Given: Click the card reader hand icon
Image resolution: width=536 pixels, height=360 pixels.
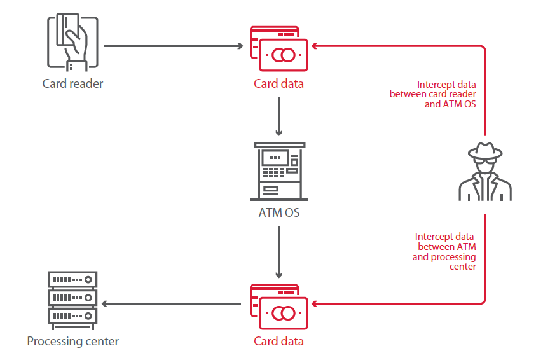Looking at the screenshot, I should pyautogui.click(x=72, y=41).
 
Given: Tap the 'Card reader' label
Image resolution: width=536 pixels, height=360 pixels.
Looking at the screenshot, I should pyautogui.click(x=72, y=83).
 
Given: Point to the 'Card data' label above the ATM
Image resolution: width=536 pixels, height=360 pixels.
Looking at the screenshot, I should pyautogui.click(x=278, y=83).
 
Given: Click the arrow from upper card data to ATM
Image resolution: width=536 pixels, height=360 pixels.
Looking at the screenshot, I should pyautogui.click(x=278, y=117).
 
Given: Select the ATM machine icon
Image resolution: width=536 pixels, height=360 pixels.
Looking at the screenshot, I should pyautogui.click(x=279, y=171).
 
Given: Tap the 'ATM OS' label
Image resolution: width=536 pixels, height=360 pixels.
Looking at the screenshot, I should pyautogui.click(x=279, y=212).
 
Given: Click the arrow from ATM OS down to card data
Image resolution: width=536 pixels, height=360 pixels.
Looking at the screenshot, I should pyautogui.click(x=279, y=252).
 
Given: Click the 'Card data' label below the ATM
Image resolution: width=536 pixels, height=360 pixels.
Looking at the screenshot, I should pyautogui.click(x=278, y=342).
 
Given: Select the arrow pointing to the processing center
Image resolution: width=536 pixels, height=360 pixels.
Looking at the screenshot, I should pyautogui.click(x=172, y=304).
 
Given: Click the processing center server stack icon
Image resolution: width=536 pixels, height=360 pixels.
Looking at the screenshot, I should pyautogui.click(x=72, y=298).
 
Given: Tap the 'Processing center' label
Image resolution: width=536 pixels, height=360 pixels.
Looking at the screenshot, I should pyautogui.click(x=72, y=342).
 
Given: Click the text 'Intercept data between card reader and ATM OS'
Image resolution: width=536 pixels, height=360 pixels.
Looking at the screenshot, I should pyautogui.click(x=446, y=94).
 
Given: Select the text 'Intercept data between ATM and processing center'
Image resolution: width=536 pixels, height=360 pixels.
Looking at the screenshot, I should pyautogui.click(x=445, y=251).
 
